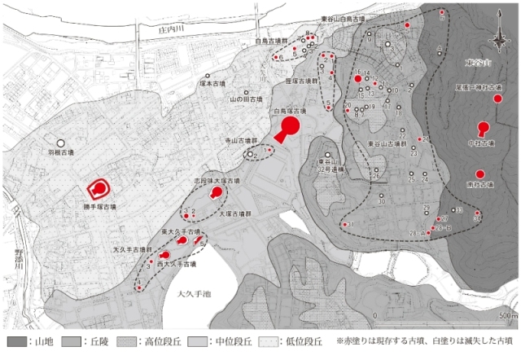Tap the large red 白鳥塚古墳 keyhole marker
click(289, 127)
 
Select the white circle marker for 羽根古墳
click(59, 143)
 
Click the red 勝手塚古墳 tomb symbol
click(99, 190)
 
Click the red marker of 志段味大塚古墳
click(217, 193)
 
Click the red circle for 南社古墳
click(480, 174)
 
